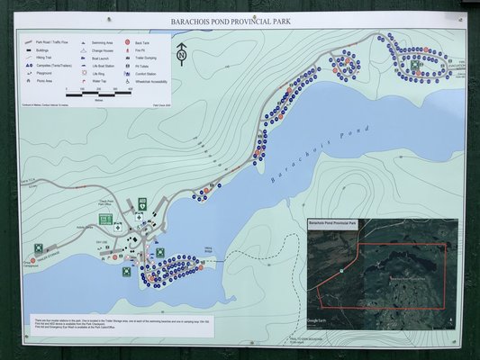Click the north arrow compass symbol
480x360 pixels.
(182, 54)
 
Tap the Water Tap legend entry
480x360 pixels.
(97, 81)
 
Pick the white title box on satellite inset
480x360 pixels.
(333, 222)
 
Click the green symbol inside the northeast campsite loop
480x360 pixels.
(415, 65)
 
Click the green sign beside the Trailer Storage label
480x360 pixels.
(39, 248)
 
